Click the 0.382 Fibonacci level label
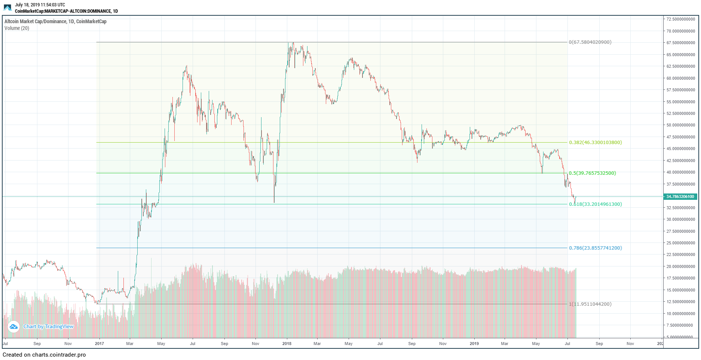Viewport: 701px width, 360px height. coord(595,143)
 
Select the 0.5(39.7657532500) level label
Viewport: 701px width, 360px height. coord(592,173)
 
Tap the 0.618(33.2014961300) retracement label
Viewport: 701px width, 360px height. coord(595,204)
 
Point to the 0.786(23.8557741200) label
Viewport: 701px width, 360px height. coord(595,248)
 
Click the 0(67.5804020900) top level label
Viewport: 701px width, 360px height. coord(590,42)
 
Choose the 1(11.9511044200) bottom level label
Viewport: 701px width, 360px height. coord(590,304)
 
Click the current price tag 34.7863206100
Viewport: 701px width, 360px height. coord(680,196)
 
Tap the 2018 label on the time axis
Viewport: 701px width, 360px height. coord(287,344)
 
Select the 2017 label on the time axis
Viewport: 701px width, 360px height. coord(100,344)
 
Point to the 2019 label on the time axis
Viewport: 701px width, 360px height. coord(474,344)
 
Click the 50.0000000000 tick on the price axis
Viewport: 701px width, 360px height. coord(680,125)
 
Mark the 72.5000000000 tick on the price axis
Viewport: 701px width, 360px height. coord(680,19)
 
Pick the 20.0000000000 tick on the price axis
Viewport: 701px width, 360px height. coord(680,266)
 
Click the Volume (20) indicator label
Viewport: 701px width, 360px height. coord(17,28)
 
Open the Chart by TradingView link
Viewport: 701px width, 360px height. coord(49,327)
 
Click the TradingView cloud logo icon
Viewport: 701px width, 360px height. coord(13,327)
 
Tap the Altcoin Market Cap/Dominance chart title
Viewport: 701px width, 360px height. coord(55,21)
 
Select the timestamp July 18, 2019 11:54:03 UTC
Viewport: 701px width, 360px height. coord(40,5)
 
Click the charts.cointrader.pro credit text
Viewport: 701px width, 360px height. coord(44,355)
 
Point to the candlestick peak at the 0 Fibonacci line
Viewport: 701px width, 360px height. coord(293,43)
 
